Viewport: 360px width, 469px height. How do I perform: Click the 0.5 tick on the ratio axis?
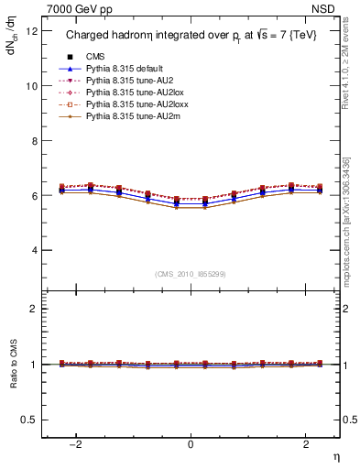pos(29,420)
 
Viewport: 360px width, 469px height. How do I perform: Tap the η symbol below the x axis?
pos(335,455)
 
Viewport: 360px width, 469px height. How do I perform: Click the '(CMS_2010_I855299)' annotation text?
pos(191,273)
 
